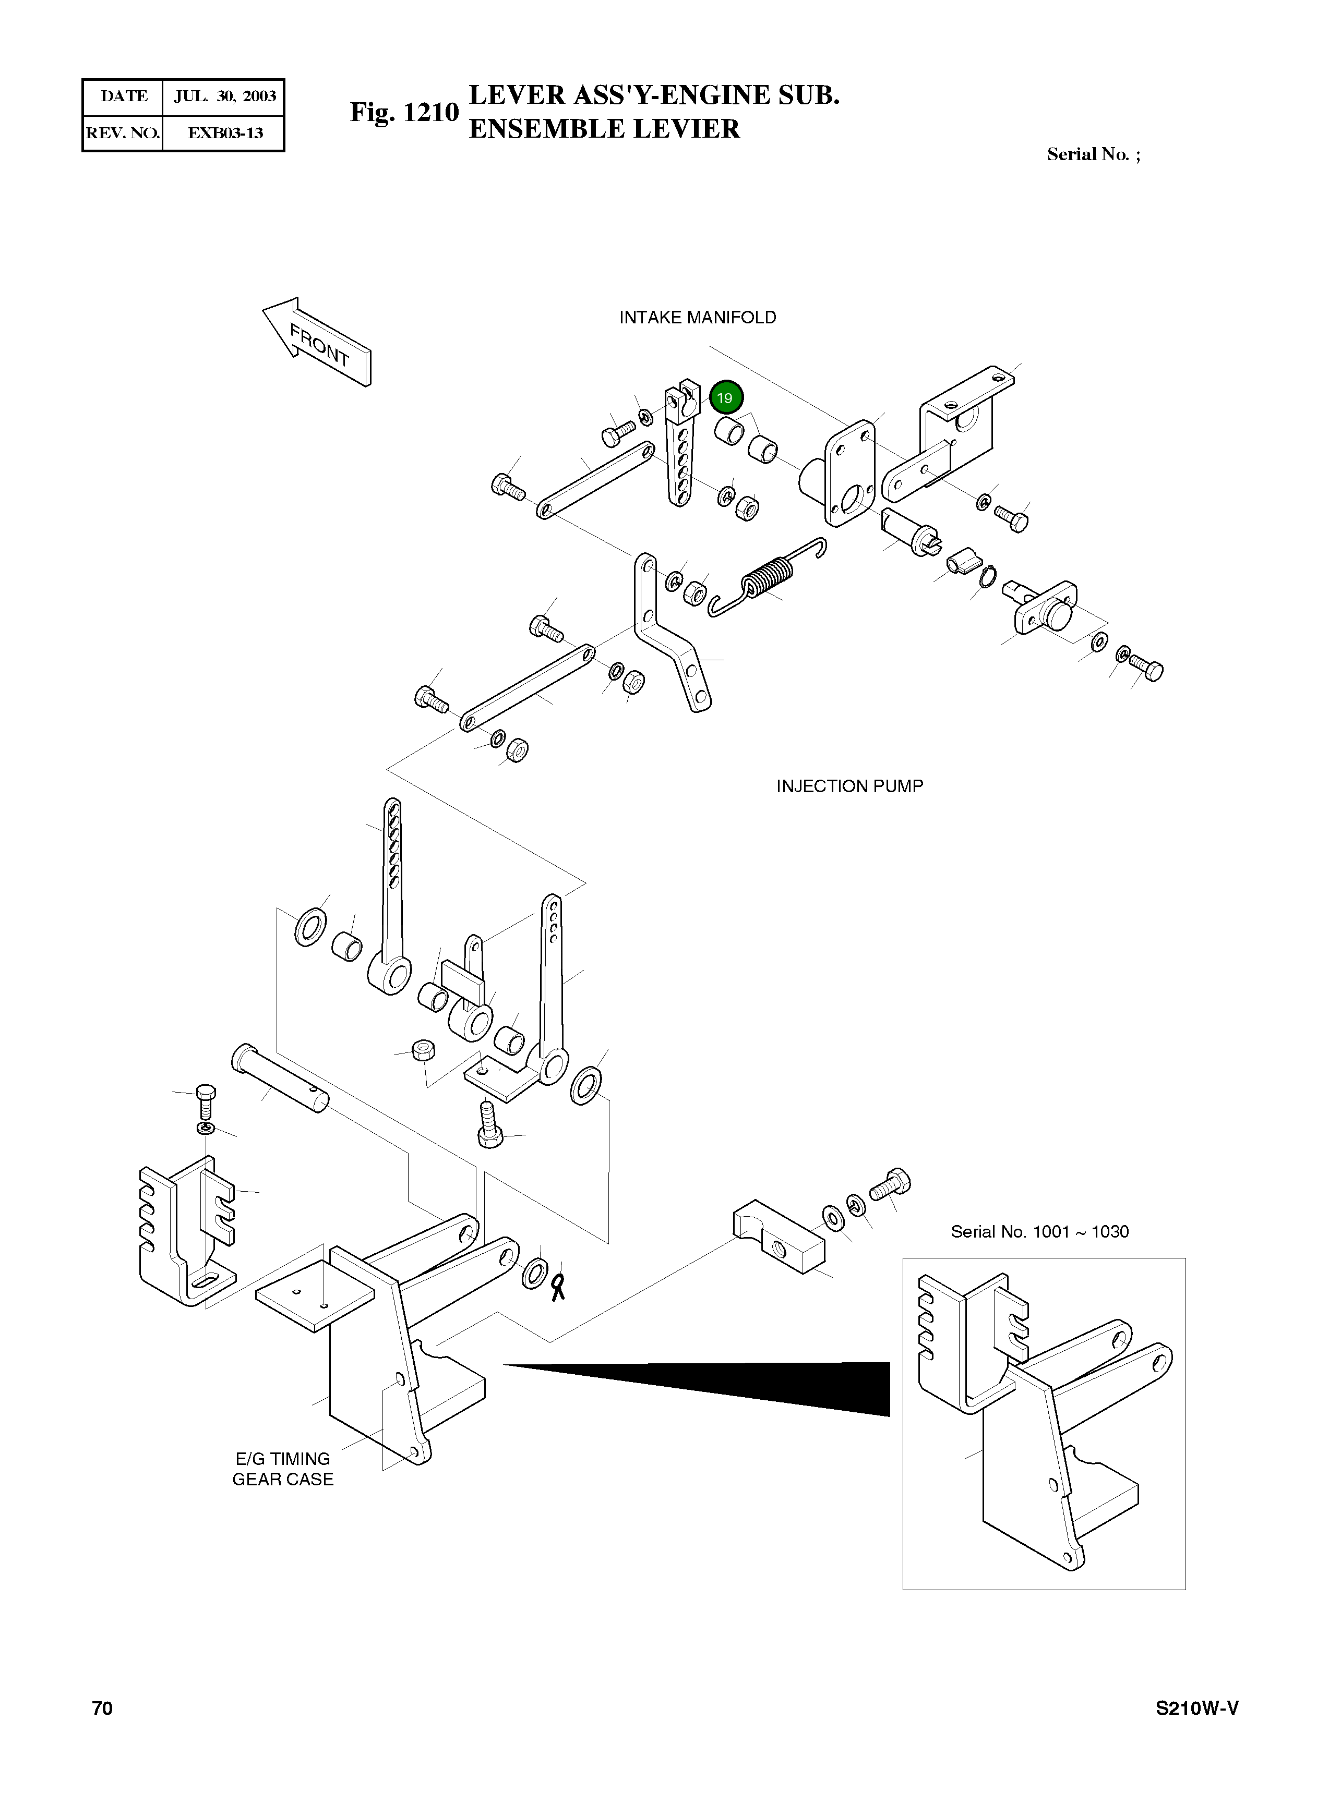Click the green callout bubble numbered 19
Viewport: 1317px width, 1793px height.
[x=725, y=397]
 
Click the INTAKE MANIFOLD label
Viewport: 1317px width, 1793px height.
[x=698, y=317]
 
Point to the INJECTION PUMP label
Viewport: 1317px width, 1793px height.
[x=850, y=786]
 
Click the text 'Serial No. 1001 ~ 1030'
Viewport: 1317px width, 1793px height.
[x=1039, y=1231]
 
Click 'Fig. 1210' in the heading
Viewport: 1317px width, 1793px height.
[x=404, y=112]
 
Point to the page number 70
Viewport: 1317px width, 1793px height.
[x=102, y=1708]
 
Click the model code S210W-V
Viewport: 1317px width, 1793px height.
[x=1196, y=1708]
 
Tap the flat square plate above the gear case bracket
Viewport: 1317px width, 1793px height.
[x=315, y=1295]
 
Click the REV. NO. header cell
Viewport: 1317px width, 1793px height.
[x=123, y=133]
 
